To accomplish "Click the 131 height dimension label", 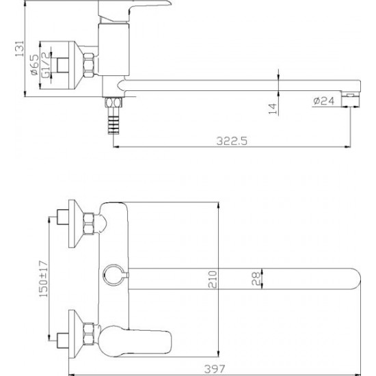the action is click(x=20, y=49).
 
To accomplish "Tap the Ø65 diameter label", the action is click(x=35, y=65).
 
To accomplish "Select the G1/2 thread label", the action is click(x=46, y=65).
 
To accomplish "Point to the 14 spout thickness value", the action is click(x=273, y=109).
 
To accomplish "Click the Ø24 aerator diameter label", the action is click(x=323, y=101).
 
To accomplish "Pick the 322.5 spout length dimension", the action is click(x=232, y=141).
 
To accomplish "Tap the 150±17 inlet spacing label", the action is click(x=43, y=279).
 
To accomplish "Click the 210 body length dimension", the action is click(x=213, y=280).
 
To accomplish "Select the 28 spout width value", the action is click(x=256, y=278).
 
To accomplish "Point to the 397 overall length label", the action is click(x=215, y=368).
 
